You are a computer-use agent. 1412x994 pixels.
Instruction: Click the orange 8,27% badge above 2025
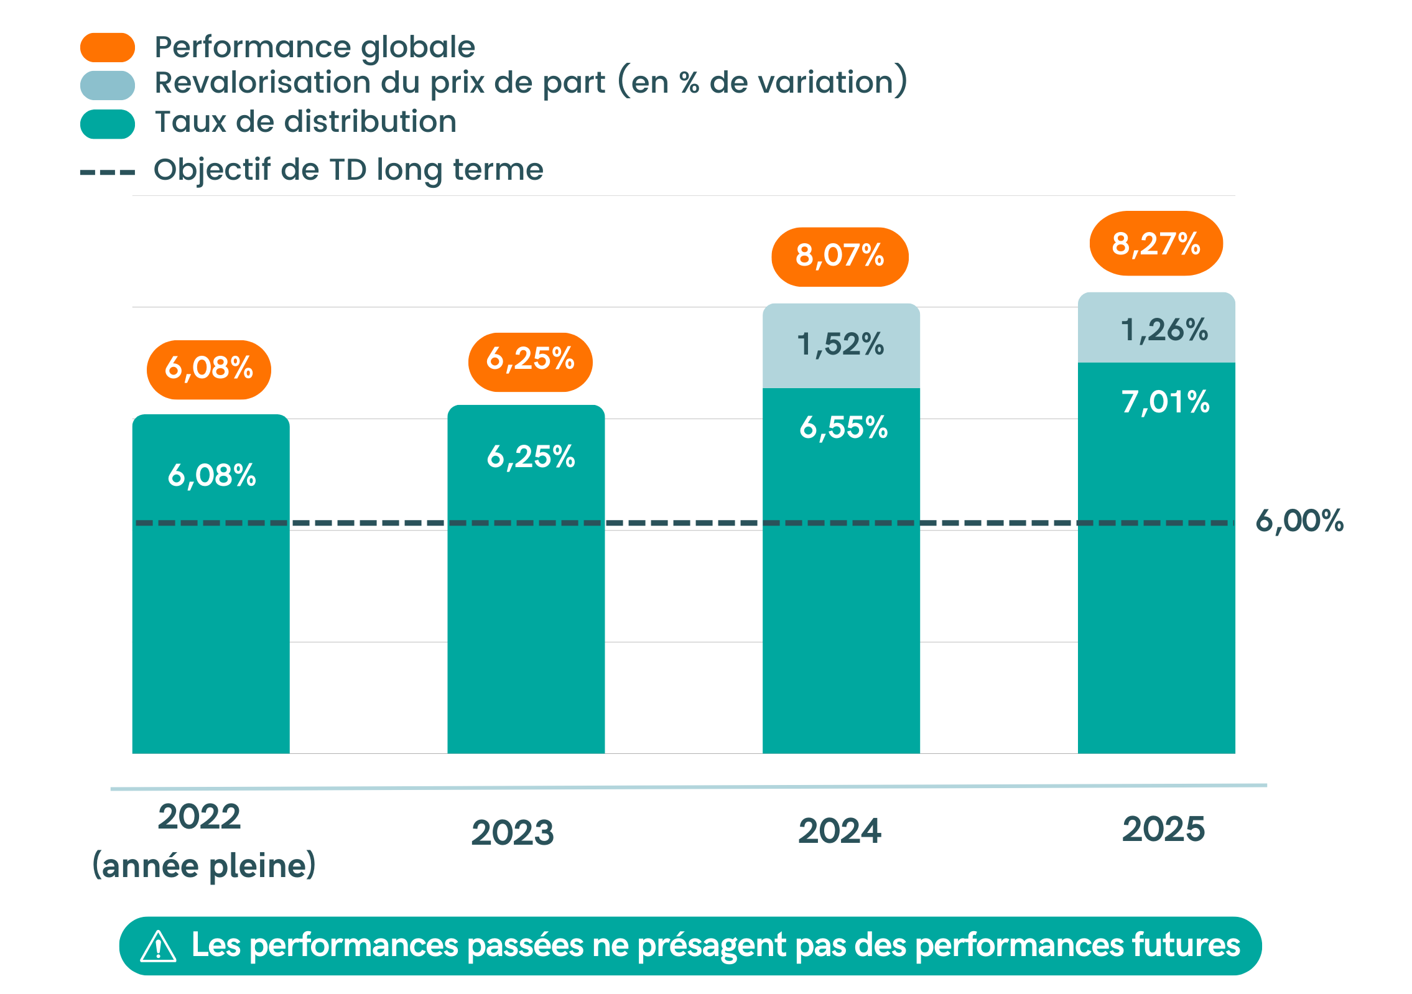1156,243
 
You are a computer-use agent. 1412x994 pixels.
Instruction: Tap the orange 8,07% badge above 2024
840,256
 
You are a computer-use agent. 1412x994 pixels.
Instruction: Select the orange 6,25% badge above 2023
530,362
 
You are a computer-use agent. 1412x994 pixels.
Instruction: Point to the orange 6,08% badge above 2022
209,369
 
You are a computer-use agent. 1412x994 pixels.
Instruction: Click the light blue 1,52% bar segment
841,345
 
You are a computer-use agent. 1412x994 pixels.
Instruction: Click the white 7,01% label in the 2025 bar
1166,402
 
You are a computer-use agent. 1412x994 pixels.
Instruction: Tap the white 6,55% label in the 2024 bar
843,428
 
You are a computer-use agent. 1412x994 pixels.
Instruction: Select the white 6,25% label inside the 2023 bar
531,457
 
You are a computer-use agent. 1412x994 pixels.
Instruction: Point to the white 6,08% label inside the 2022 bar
211,476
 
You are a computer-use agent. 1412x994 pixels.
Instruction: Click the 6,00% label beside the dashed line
1299,521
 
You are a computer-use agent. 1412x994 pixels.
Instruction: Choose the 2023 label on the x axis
513,833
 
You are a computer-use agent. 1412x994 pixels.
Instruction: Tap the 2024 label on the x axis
840,831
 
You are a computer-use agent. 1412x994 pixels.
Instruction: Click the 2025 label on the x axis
1163,829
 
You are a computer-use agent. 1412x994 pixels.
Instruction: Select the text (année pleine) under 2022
204,866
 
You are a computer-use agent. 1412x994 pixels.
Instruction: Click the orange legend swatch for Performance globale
108,47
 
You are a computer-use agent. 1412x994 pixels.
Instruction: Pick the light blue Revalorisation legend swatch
108,85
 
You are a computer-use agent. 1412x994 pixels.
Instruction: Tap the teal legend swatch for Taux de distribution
108,124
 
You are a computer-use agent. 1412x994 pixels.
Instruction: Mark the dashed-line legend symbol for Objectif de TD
108,172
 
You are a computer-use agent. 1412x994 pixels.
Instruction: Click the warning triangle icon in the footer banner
158,946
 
